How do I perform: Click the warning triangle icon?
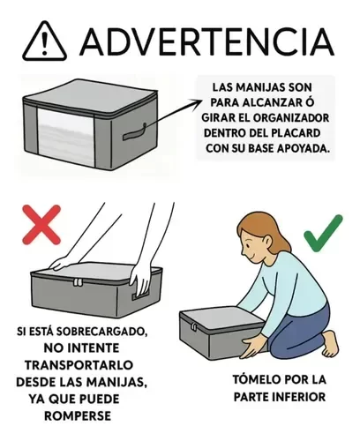click(x=44, y=41)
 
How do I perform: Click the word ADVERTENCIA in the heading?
click(x=206, y=41)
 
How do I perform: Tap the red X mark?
click(x=41, y=225)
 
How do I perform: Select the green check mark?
click(x=323, y=234)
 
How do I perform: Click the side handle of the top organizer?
click(x=135, y=133)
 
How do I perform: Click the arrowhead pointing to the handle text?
click(x=197, y=103)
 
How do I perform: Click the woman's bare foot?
click(x=331, y=343)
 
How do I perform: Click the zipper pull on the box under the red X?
click(x=78, y=282)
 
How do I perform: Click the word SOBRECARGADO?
click(x=101, y=332)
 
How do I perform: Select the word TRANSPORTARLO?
click(x=79, y=365)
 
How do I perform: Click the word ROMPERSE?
click(x=78, y=416)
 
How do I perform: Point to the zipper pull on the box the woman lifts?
click(x=193, y=327)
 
